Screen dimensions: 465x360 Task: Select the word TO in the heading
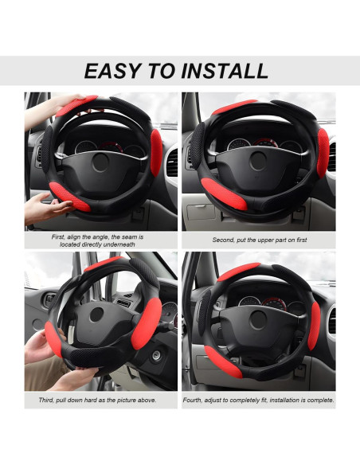pos(164,71)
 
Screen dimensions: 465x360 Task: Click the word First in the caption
pos(58,236)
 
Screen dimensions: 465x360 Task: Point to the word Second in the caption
pos(224,240)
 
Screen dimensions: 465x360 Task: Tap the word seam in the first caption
pos(124,236)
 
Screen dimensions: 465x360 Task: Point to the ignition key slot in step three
pos(155,356)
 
